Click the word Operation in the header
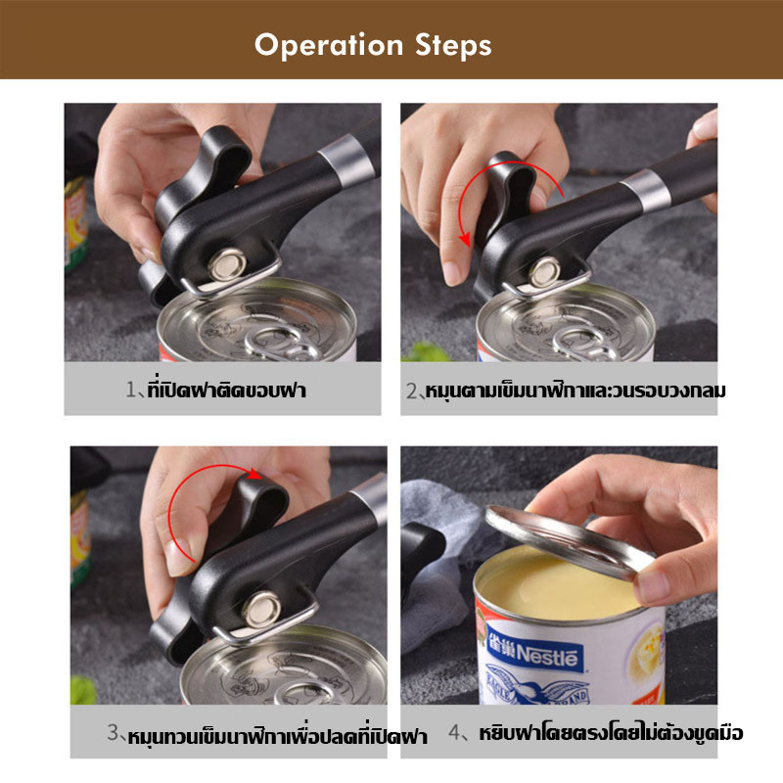click(329, 46)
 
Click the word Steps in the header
click(453, 45)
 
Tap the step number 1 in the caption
click(131, 389)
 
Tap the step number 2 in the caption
click(411, 391)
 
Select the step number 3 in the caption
click(113, 732)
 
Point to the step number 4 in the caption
click(454, 732)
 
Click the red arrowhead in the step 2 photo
click(465, 239)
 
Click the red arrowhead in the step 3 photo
click(255, 474)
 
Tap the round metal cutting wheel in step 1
click(227, 264)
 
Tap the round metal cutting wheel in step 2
click(544, 272)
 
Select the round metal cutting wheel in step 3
click(261, 609)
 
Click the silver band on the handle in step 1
click(346, 161)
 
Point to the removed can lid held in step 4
click(570, 542)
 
